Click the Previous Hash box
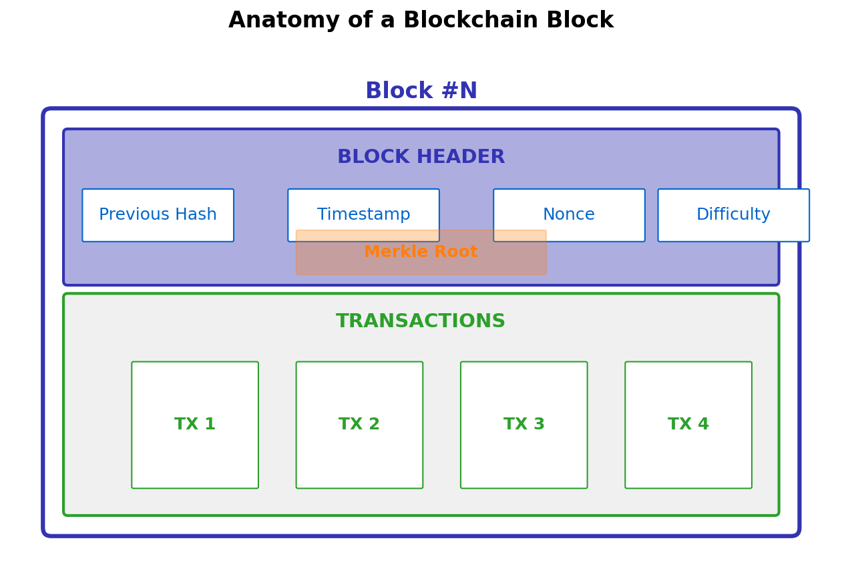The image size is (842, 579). (158, 215)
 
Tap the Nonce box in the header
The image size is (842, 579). (569, 215)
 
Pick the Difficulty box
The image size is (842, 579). (733, 215)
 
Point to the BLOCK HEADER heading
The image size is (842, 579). (421, 158)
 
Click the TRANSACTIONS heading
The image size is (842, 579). (421, 322)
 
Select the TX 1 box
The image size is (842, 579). (195, 425)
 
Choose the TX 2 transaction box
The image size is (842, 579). (359, 425)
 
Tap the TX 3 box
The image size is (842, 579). (524, 425)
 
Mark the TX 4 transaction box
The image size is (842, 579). (688, 425)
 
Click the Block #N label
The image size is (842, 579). (421, 91)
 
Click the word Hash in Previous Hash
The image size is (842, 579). (196, 215)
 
